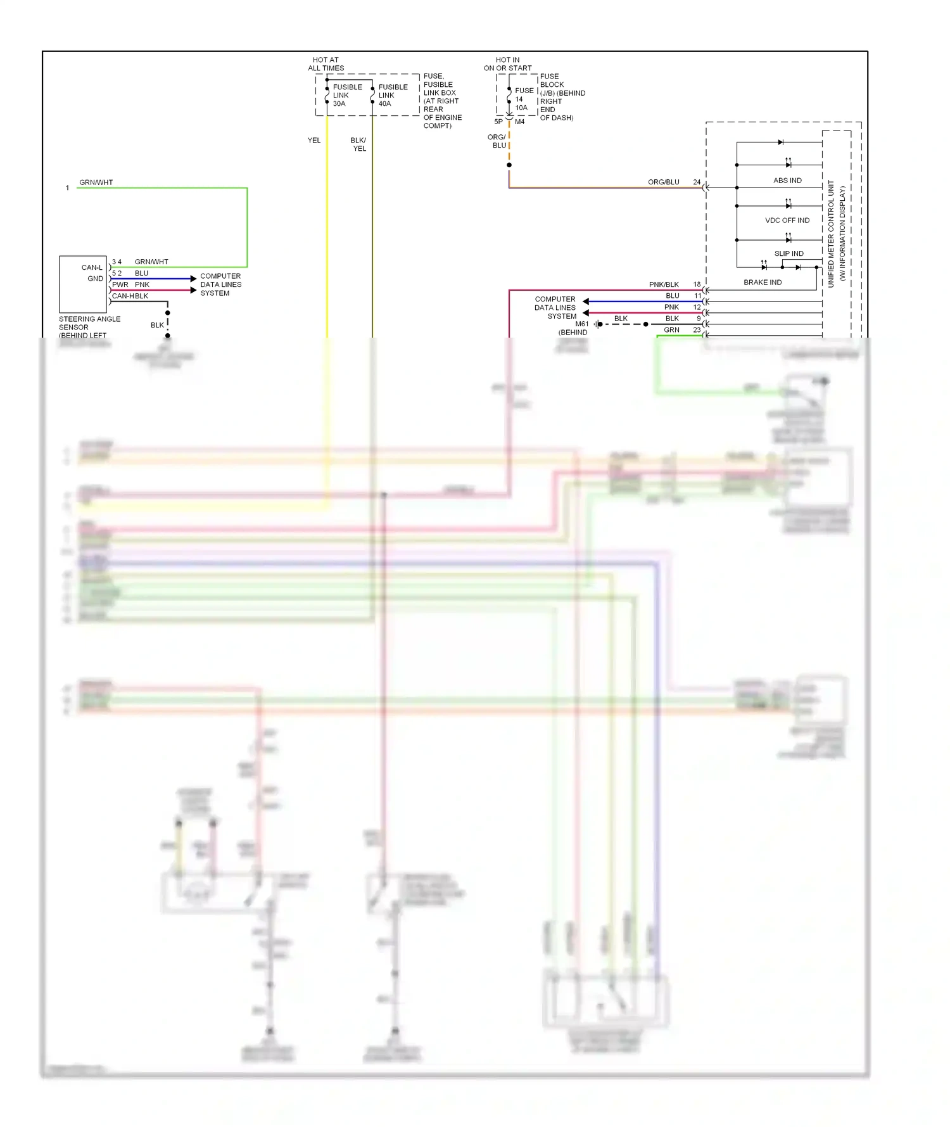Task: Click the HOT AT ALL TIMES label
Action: tap(326, 64)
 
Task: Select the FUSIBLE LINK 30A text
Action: tap(347, 95)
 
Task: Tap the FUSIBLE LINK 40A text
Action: tap(393, 95)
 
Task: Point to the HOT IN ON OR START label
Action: tap(507, 64)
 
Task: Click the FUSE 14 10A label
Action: tap(523, 99)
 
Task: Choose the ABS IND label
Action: tap(787, 181)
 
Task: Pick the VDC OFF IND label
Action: tap(787, 220)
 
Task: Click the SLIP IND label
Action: tap(788, 253)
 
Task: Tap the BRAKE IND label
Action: tap(763, 283)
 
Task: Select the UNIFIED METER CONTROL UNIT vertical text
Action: tap(831, 233)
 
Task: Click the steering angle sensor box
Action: tap(82, 284)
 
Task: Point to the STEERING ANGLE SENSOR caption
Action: tap(89, 327)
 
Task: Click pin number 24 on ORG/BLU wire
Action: tap(697, 182)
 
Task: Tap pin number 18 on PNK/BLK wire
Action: tap(697, 284)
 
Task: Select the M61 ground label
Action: tap(581, 324)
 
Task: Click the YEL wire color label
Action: tap(314, 141)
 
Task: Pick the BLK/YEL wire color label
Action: tap(358, 144)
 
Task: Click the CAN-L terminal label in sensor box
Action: tap(92, 267)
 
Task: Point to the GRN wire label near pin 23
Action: tap(671, 330)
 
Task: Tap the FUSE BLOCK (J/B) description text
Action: tap(562, 97)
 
